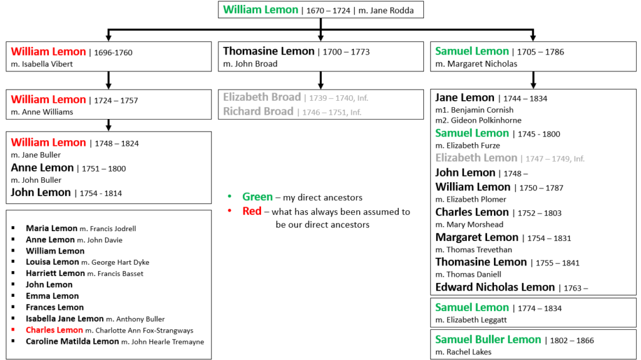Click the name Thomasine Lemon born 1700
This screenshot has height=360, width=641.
click(269, 51)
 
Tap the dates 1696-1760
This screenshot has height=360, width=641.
click(113, 53)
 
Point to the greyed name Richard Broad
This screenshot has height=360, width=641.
click(259, 111)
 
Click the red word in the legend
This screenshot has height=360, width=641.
click(252, 211)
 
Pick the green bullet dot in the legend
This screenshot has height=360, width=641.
click(229, 197)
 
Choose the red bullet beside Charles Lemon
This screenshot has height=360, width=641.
click(13, 329)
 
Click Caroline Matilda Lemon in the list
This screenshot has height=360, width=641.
click(73, 342)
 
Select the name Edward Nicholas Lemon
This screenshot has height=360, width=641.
click(495, 287)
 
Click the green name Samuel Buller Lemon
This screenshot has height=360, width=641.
click(488, 339)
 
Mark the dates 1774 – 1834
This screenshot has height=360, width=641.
click(540, 309)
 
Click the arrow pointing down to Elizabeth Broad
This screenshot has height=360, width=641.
click(321, 80)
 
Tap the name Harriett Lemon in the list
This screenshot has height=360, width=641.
click(55, 273)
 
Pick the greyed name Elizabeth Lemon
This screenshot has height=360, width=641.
click(476, 158)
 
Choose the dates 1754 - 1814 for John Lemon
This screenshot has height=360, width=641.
click(101, 193)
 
